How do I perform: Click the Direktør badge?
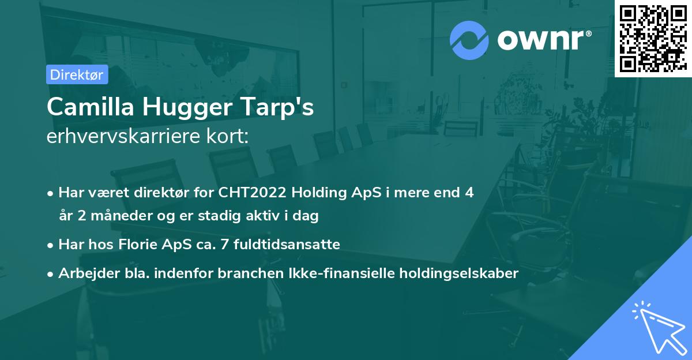(x=77, y=74)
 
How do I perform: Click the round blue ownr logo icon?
(x=469, y=40)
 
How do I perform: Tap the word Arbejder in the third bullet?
(x=85, y=273)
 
